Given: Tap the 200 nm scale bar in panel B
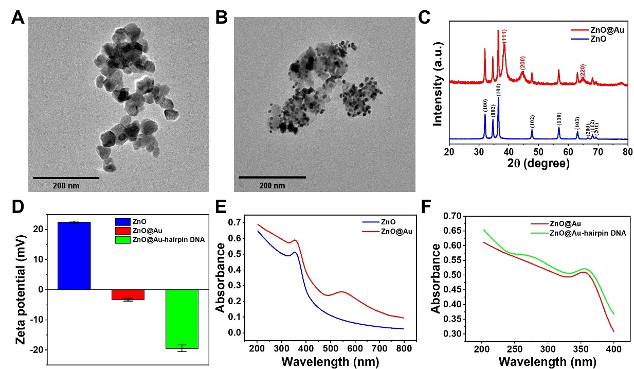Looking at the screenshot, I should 272,178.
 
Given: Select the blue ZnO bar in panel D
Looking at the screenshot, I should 74,256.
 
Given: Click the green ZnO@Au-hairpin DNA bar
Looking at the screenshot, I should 182,319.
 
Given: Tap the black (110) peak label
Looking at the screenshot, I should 558,118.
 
